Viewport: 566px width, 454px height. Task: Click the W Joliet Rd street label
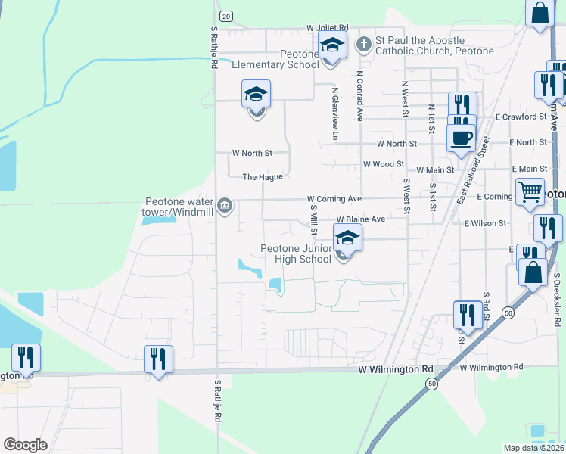click(328, 27)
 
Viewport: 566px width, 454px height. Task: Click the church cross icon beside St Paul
click(363, 43)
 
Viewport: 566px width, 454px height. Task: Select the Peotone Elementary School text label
click(277, 59)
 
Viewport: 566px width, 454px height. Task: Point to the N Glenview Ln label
click(334, 113)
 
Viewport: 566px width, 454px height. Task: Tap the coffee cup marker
click(461, 138)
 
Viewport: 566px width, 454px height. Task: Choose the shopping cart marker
click(530, 191)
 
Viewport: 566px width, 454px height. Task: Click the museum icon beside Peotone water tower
click(225, 206)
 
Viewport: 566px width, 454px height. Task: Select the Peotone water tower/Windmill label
click(179, 207)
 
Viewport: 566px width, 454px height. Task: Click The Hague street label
click(263, 177)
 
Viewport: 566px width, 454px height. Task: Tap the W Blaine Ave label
click(361, 219)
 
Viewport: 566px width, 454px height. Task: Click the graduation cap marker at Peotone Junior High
click(347, 238)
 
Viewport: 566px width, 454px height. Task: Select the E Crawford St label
click(521, 117)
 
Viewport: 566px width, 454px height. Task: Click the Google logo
click(25, 445)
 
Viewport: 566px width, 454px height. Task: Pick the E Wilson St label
click(485, 224)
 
